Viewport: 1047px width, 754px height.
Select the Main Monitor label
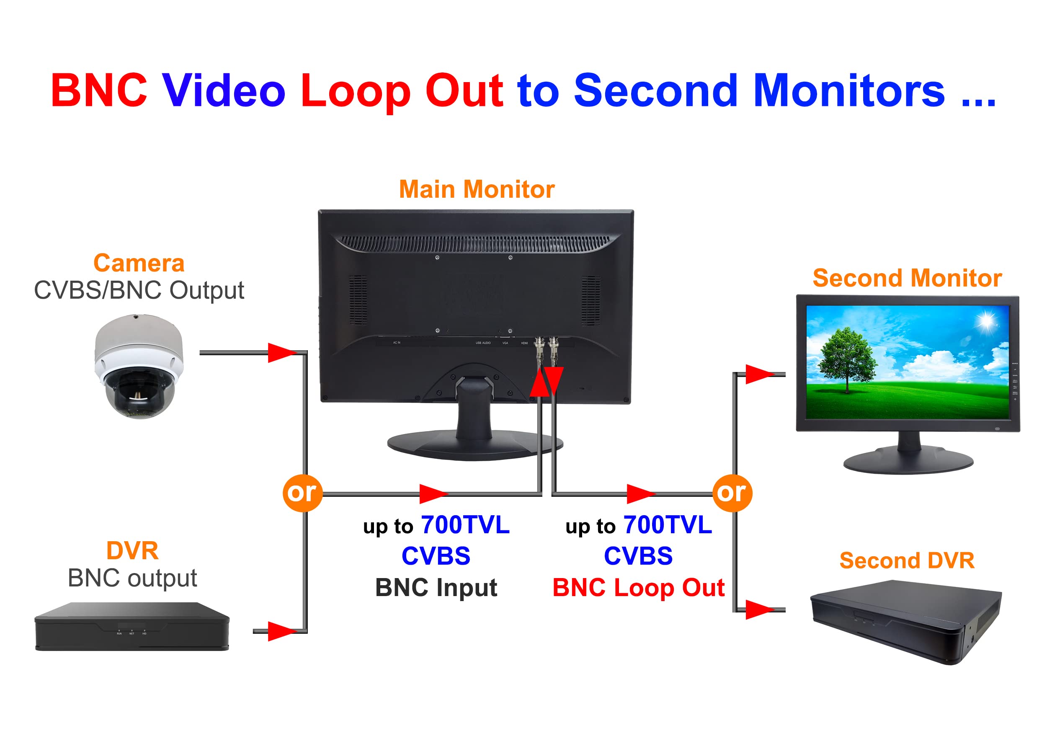coord(477,189)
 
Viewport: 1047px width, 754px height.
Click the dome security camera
coord(139,367)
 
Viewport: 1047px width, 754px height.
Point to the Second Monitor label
coord(907,278)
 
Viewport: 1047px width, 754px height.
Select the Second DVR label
coord(907,560)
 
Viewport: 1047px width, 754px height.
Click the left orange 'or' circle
coord(302,493)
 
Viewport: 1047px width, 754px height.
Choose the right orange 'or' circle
coord(732,493)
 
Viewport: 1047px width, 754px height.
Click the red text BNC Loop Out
coord(638,587)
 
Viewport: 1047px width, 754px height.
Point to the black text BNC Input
coord(436,587)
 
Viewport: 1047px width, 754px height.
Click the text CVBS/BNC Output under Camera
coord(139,290)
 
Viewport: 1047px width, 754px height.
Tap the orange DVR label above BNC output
coord(132,550)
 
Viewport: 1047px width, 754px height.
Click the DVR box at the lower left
coord(132,627)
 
